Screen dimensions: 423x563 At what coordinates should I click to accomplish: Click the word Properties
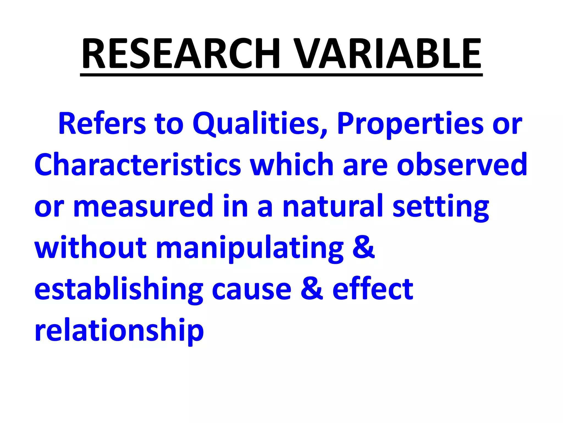(x=410, y=124)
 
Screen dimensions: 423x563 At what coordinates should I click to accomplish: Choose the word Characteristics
(x=138, y=165)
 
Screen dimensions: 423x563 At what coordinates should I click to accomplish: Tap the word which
(x=292, y=165)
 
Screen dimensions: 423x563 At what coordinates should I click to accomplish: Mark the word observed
(x=462, y=165)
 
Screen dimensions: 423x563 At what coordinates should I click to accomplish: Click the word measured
(x=143, y=206)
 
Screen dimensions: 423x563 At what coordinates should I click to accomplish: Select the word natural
(x=333, y=206)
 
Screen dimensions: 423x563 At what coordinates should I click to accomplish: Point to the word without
(x=90, y=247)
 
